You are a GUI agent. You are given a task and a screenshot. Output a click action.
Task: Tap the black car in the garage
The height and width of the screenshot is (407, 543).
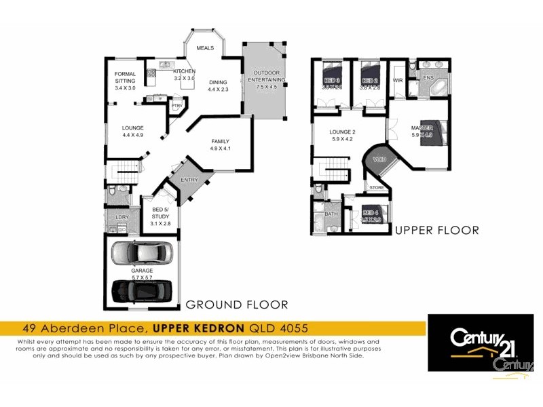(x=143, y=292)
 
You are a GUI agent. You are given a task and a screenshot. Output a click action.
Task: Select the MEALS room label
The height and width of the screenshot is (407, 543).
(x=205, y=49)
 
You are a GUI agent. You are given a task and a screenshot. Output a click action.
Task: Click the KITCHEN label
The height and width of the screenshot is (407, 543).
(x=184, y=71)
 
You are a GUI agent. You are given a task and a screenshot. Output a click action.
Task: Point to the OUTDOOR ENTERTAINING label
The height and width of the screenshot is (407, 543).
(x=265, y=77)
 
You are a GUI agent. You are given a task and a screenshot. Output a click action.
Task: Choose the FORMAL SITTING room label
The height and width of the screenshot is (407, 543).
(x=125, y=77)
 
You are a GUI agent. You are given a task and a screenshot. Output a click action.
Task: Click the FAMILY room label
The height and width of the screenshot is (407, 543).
(x=221, y=141)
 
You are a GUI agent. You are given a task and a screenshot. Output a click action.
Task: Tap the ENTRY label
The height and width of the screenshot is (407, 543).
(x=189, y=180)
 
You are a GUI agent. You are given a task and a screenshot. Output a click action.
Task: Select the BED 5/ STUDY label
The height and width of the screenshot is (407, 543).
(x=160, y=213)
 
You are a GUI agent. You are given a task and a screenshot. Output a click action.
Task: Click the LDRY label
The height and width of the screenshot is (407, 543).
(x=122, y=217)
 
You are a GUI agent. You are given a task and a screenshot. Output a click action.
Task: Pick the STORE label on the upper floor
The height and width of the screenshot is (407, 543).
(x=377, y=187)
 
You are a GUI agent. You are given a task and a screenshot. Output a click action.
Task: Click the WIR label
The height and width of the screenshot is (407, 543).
(x=398, y=80)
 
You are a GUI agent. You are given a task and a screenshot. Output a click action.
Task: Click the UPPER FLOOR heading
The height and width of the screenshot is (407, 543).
(x=436, y=231)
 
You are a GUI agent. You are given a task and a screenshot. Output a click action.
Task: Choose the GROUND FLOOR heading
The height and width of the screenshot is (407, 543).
(x=237, y=304)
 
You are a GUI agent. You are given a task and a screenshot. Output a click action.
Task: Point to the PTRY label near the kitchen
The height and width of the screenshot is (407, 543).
(x=176, y=106)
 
